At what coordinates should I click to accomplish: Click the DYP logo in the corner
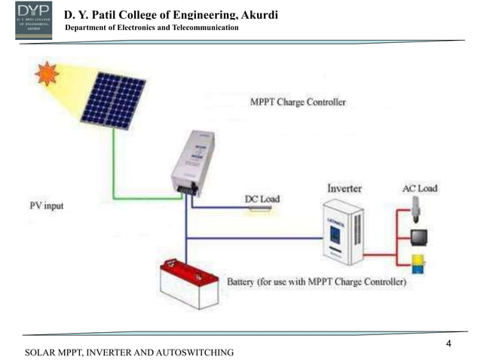pos(33,20)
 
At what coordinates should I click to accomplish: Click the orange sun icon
pos(47,75)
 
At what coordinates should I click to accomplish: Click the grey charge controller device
pos(192,161)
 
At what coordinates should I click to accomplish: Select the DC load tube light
pos(262,208)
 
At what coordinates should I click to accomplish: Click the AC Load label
pos(420,188)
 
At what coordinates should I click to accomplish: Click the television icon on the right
pos(418,238)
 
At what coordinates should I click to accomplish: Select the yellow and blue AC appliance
pos(417,264)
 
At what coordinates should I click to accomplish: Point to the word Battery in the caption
pos(244,282)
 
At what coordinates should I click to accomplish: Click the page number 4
pos(449,344)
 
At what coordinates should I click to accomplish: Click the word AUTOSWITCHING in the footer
pos(192,352)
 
